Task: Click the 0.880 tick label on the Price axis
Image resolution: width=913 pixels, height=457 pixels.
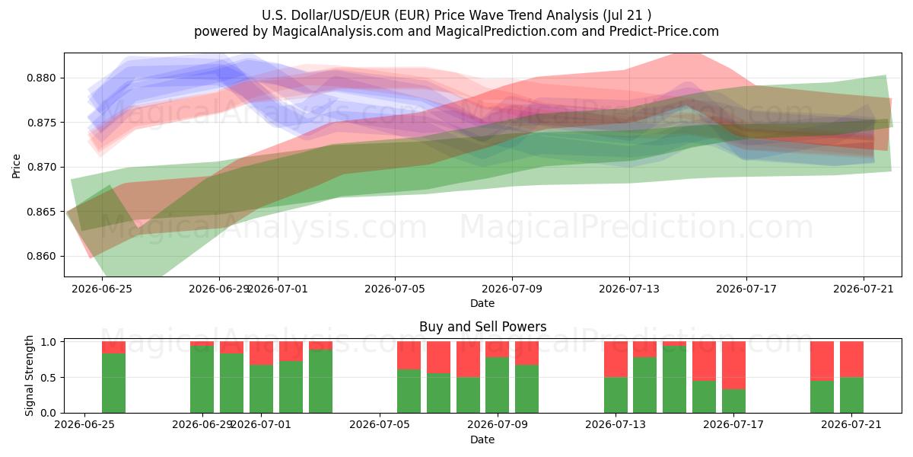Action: [41, 78]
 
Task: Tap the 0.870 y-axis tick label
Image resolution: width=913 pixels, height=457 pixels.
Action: [41, 168]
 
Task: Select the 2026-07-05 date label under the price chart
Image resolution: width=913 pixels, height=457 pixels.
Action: [395, 289]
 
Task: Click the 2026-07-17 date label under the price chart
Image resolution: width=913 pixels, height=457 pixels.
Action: [746, 289]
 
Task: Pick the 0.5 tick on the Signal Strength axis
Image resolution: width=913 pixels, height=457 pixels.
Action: [49, 378]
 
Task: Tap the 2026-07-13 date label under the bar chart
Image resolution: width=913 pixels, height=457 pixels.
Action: [616, 424]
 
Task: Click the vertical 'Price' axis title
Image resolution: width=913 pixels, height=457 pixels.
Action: [16, 166]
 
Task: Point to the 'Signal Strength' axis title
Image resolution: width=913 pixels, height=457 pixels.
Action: [29, 376]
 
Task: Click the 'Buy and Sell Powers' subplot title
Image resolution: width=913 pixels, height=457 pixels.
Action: [482, 327]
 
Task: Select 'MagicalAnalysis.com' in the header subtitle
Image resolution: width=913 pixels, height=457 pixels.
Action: [338, 31]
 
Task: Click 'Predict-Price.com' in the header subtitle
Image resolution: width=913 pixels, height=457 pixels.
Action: [664, 31]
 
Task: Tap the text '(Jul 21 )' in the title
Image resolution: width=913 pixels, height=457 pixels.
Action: [626, 15]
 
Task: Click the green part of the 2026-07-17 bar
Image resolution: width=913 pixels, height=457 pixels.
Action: [733, 401]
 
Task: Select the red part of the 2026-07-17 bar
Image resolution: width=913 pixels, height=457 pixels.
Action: [733, 366]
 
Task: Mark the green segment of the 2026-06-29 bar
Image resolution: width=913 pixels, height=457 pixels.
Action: [202, 379]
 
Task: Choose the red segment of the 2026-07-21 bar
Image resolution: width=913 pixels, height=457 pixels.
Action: [851, 360]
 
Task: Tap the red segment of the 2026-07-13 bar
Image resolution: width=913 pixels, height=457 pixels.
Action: [616, 360]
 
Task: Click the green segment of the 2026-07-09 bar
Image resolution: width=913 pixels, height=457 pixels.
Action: [498, 385]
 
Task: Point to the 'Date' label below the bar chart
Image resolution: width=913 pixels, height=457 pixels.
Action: [482, 439]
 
